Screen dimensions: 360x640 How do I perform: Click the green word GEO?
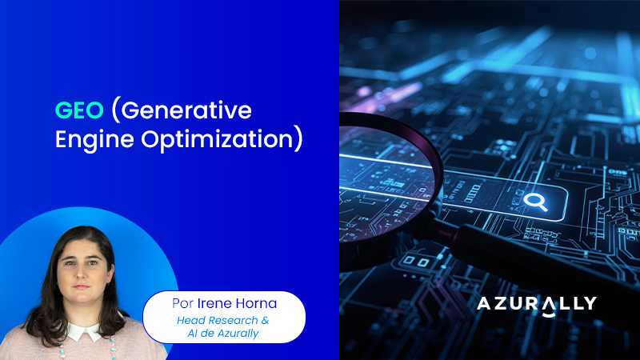[x=78, y=110]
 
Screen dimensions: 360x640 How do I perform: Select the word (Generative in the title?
[x=180, y=110]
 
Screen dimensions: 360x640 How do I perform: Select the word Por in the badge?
[x=184, y=305]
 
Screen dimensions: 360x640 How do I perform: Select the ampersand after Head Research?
[x=265, y=321]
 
